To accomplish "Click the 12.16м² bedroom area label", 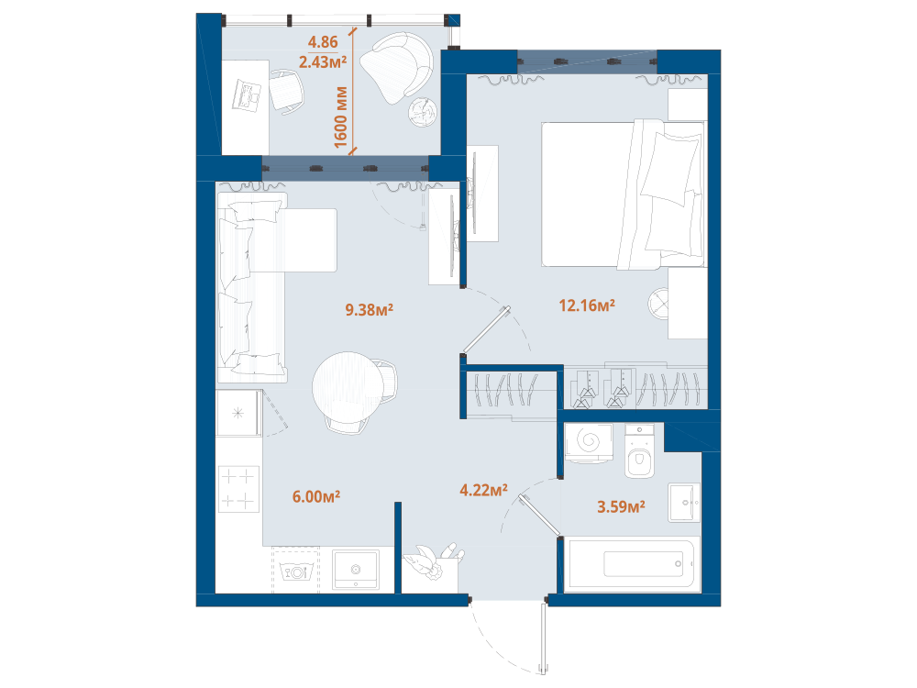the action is [x=587, y=305].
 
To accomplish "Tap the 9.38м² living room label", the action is [x=369, y=309].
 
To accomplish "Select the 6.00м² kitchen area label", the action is [x=316, y=496].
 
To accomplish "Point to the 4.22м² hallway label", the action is [x=483, y=490].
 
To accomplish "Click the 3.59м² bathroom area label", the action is [x=621, y=506].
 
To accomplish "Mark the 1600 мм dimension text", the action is [x=341, y=117].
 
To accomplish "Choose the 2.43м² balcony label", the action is [x=323, y=61].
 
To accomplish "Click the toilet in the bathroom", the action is [x=640, y=451].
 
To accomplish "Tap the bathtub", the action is [x=631, y=564].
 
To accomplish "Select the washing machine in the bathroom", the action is [x=589, y=443].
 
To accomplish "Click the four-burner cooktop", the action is [x=238, y=489].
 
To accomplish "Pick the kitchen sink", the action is [x=356, y=570].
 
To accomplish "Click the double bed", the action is [x=623, y=194].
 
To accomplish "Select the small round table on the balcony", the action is [x=423, y=112].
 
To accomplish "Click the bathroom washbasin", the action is [x=684, y=503].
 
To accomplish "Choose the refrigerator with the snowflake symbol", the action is [x=238, y=414].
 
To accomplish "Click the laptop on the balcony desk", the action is [x=247, y=96].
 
